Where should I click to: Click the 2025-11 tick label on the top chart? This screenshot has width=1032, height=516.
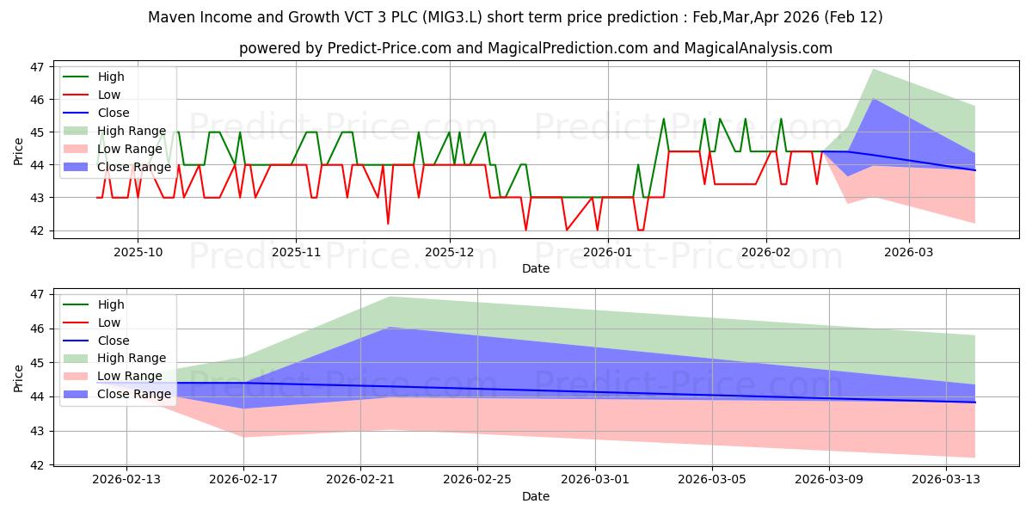tap(296, 252)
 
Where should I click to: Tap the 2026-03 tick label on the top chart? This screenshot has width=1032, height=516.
tap(908, 252)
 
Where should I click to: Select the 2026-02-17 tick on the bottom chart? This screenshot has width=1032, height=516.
tap(243, 480)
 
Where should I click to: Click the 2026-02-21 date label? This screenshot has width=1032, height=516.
tap(360, 480)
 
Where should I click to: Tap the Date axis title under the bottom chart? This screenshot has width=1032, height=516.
tap(535, 496)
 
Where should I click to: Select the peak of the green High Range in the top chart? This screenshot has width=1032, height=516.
tap(874, 70)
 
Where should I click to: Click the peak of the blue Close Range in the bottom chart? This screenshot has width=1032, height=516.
tap(390, 328)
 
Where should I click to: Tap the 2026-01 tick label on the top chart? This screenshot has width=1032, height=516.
tap(607, 252)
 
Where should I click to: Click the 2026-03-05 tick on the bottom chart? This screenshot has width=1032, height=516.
tap(712, 480)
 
